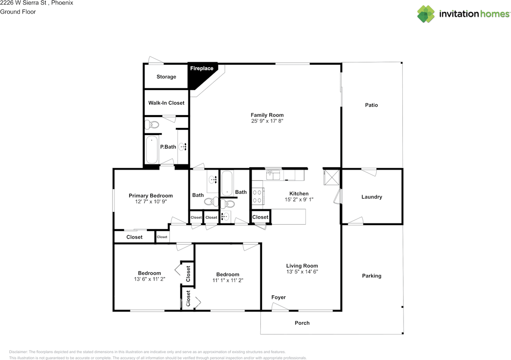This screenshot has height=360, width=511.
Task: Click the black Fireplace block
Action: tap(198, 74)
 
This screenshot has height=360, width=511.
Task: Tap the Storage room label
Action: tap(166, 77)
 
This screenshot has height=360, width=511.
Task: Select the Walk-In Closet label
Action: tap(166, 103)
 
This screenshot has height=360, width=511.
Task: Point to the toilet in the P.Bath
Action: tap(152, 125)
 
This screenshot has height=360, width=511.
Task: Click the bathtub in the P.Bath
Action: tap(152, 149)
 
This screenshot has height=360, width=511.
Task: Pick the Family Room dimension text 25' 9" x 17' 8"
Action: tap(267, 121)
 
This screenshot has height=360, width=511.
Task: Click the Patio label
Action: tap(371, 105)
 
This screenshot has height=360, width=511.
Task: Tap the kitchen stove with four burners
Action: tap(258, 196)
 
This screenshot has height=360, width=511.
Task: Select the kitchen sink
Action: tap(273, 175)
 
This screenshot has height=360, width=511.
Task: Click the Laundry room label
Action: tap(372, 197)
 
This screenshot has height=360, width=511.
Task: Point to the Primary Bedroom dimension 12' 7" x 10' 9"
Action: tap(151, 201)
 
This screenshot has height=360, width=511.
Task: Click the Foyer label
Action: tap(279, 297)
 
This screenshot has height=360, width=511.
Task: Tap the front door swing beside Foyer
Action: tap(280, 306)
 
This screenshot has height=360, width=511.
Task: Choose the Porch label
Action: tap(302, 323)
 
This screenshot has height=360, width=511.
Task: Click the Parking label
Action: tap(372, 276)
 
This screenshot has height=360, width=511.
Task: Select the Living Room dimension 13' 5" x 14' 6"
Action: tap(302, 272)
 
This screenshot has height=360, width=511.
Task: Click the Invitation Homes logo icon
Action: tap(426, 14)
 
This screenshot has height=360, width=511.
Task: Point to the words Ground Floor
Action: tap(18, 12)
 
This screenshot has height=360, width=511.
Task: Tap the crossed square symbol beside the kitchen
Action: tap(332, 177)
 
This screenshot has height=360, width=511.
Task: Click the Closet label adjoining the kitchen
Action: tap(260, 217)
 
